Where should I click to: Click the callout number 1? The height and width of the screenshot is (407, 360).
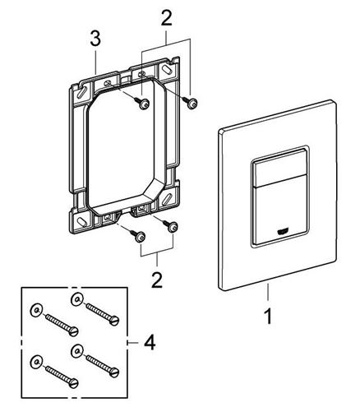coord(269,316)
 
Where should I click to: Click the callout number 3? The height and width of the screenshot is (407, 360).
coord(95,39)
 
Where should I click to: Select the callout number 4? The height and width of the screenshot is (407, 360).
coord(150,343)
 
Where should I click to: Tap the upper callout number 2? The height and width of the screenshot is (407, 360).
coord(167,17)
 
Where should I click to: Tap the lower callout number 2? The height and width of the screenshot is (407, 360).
coord(157,280)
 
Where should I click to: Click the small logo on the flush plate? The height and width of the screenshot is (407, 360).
coord(282,233)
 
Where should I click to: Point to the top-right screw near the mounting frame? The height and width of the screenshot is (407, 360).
coord(191,103)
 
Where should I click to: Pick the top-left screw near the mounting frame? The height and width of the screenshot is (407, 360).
coord(143,104)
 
